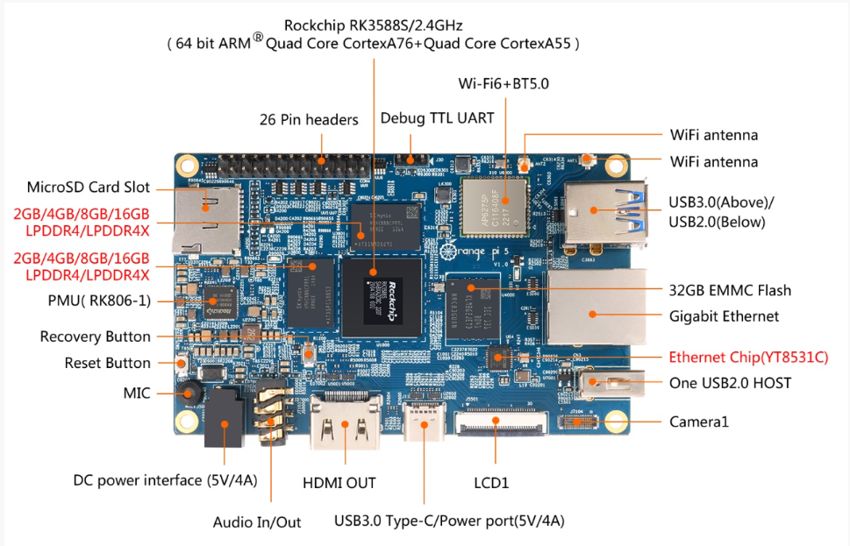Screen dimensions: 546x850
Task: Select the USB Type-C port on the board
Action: click(425, 428)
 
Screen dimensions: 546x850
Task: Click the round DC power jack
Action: click(223, 426)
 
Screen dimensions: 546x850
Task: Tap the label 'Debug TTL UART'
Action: click(437, 117)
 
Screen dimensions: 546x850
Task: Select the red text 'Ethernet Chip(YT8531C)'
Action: click(748, 358)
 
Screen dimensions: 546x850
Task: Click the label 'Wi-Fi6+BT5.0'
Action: click(504, 84)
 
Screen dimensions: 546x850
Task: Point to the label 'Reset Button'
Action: click(107, 363)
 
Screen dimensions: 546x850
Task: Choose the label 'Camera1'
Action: click(699, 422)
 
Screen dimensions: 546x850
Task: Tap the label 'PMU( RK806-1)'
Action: click(99, 301)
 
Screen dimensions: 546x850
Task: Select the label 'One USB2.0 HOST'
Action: click(730, 382)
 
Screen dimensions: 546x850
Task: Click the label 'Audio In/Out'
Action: click(257, 522)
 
